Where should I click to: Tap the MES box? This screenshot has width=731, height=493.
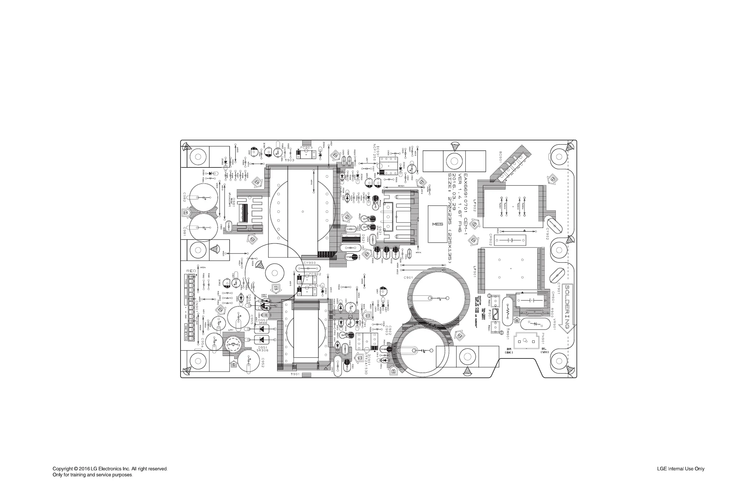point(437,224)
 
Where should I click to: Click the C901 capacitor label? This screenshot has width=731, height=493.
point(408,278)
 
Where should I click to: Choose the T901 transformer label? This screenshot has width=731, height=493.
point(296,374)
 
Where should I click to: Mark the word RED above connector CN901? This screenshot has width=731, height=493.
point(191,271)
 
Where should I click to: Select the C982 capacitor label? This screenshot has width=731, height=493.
point(185,197)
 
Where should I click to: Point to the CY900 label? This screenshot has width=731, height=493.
point(309,263)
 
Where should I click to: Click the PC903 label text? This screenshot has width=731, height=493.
point(306,148)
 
